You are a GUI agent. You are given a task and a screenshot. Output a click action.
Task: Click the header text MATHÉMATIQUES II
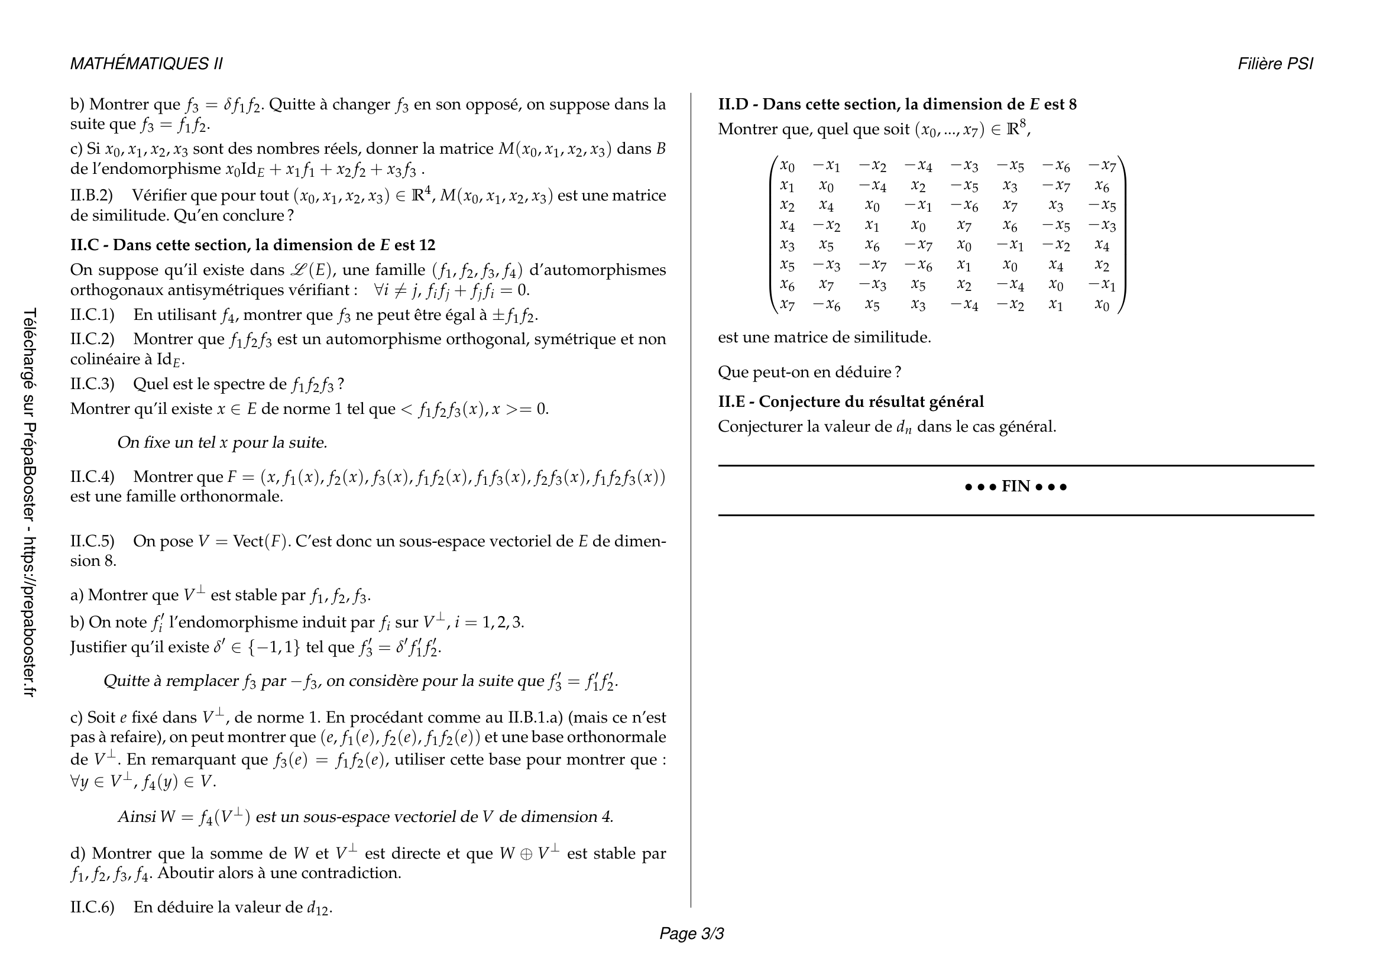click(147, 64)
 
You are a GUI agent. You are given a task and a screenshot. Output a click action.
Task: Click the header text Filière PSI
click(1275, 64)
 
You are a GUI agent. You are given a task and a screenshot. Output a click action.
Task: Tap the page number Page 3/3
click(692, 934)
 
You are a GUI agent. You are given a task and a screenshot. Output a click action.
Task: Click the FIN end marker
click(1016, 486)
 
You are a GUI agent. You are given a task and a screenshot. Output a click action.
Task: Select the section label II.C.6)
click(92, 907)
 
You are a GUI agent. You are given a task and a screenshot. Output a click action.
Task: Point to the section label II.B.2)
click(92, 195)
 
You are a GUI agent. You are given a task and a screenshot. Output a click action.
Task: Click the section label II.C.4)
click(92, 477)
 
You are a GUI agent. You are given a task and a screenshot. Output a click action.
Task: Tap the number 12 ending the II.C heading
click(426, 245)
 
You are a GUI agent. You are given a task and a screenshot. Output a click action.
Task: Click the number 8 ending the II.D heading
click(1072, 104)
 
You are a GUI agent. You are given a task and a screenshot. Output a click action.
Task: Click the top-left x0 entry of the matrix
click(787, 165)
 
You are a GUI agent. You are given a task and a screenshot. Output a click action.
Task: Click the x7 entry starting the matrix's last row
click(787, 305)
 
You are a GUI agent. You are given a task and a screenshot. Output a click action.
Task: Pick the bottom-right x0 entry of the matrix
click(1102, 305)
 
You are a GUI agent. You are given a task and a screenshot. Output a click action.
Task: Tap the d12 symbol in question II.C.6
click(319, 908)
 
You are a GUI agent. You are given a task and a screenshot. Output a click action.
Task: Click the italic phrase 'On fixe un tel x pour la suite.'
click(222, 443)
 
